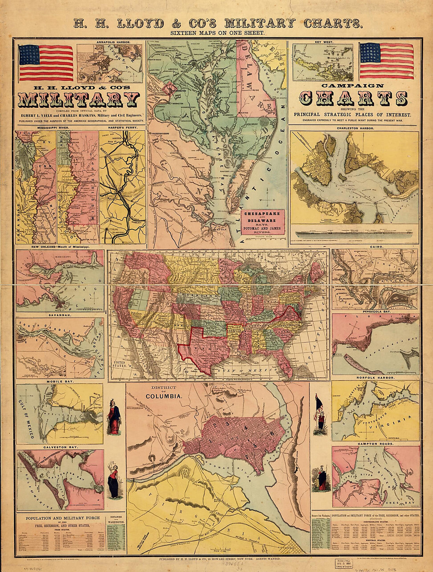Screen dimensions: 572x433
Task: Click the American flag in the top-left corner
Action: point(46,62)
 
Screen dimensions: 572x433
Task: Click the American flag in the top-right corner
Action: point(387,61)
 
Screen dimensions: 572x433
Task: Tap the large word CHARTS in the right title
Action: point(353,98)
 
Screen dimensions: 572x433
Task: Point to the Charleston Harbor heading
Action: point(355,128)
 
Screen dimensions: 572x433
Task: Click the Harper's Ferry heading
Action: point(122,128)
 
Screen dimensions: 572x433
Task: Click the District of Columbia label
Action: point(165,392)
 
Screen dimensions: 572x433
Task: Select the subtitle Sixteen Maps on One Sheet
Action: point(217,33)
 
